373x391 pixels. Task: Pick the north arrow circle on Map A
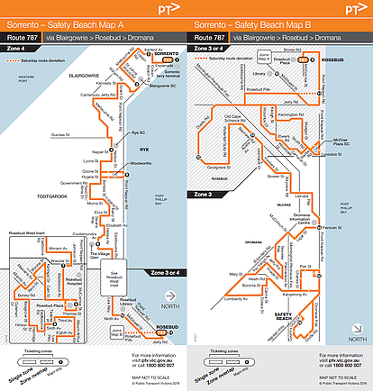[169, 307]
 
